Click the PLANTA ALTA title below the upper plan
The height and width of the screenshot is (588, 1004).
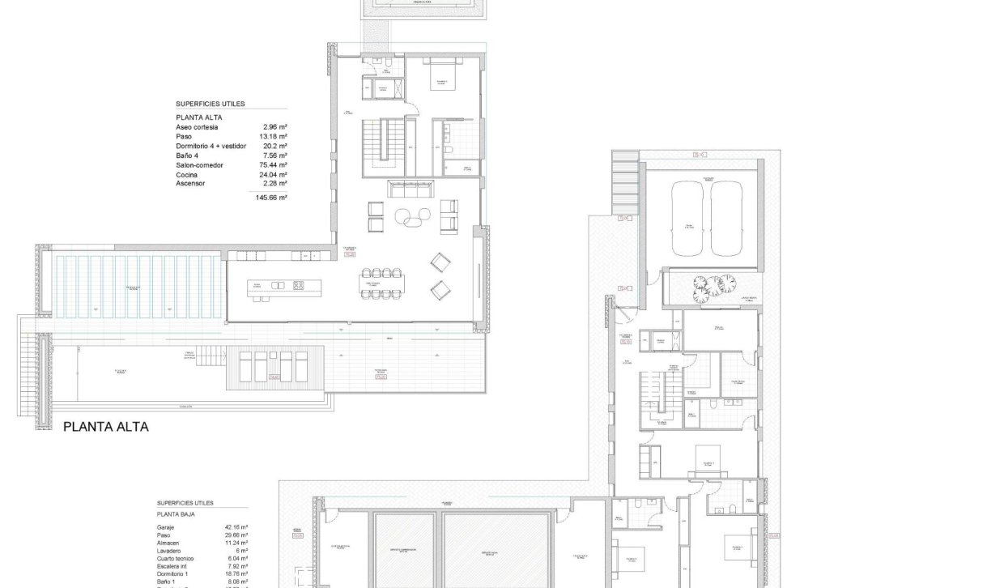pyautogui.click(x=106, y=426)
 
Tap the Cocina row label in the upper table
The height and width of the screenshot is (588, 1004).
pyautogui.click(x=188, y=174)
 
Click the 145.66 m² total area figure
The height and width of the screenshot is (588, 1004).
pyautogui.click(x=272, y=197)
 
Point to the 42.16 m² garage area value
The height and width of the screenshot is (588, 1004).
pyautogui.click(x=236, y=526)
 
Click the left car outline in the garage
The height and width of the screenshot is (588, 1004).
pyautogui.click(x=689, y=219)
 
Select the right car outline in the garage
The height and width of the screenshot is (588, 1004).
pyautogui.click(x=726, y=219)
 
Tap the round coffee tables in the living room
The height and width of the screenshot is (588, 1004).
pyautogui.click(x=415, y=216)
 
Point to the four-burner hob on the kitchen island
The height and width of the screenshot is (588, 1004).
pyautogui.click(x=298, y=285)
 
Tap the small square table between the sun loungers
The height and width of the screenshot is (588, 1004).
pyautogui.click(x=274, y=376)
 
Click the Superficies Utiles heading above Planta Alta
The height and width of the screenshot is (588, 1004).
pyautogui.click(x=211, y=104)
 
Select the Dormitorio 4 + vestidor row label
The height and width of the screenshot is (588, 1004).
pyautogui.click(x=211, y=146)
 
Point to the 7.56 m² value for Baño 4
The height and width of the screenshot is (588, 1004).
pyautogui.click(x=276, y=156)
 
